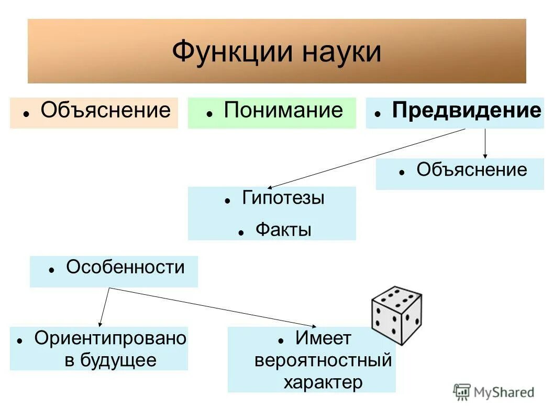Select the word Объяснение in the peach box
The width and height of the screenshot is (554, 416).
(106, 111)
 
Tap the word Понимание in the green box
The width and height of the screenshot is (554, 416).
(283, 111)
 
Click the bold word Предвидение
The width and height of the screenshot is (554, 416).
(467, 111)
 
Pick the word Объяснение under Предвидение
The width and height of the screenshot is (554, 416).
(472, 170)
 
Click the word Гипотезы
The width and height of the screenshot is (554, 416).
(283, 198)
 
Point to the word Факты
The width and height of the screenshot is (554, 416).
(283, 230)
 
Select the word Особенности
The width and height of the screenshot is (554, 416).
(125, 268)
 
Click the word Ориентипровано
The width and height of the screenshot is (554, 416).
(110, 339)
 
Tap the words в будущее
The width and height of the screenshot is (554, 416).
(110, 361)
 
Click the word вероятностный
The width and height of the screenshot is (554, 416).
(323, 361)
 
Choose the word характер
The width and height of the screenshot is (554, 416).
(323, 382)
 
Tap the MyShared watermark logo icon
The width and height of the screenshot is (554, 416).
(462, 392)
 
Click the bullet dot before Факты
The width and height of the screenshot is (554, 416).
(241, 232)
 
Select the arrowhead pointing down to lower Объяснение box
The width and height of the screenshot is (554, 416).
(485, 155)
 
